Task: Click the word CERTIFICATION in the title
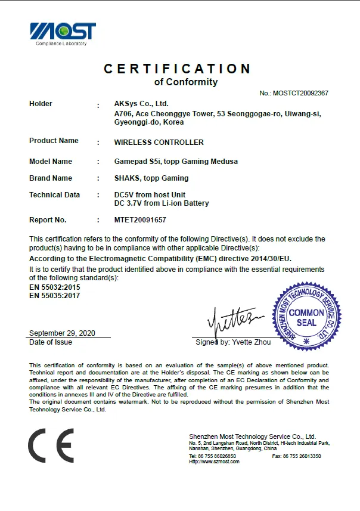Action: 177,69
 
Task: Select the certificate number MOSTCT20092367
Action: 300,93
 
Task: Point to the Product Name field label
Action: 54,141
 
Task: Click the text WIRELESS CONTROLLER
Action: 159,143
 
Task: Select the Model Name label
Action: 51,162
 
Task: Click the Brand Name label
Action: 51,178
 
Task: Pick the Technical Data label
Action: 54,195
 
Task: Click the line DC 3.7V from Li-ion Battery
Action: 162,203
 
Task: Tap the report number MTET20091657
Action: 140,220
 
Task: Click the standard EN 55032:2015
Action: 54,287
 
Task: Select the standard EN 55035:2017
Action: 54,295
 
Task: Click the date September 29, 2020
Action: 62,333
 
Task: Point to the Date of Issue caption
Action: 51,342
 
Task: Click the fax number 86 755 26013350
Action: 305,456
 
